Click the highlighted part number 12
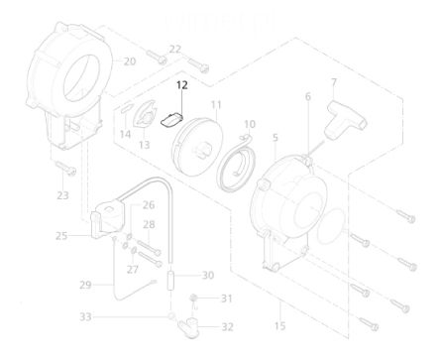pos(182,85)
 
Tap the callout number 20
pos(130,61)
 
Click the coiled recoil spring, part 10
pos(237,162)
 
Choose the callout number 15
pos(279,326)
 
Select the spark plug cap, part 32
pos(188,326)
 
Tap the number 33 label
pos(85,317)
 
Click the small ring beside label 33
pos(171,316)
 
